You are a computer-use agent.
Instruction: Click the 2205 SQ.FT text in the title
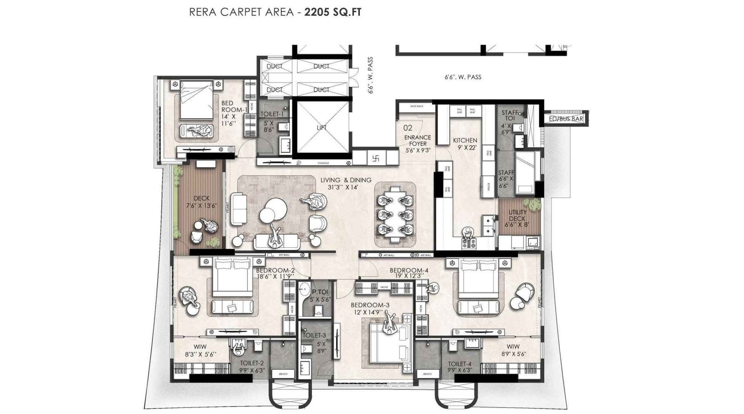point(332,12)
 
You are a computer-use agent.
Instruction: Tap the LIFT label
point(321,128)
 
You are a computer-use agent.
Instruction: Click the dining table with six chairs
point(395,213)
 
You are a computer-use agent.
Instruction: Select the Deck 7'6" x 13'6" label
point(201,202)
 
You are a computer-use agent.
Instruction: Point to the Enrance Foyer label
point(417,141)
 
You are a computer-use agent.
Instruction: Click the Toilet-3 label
point(314,335)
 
